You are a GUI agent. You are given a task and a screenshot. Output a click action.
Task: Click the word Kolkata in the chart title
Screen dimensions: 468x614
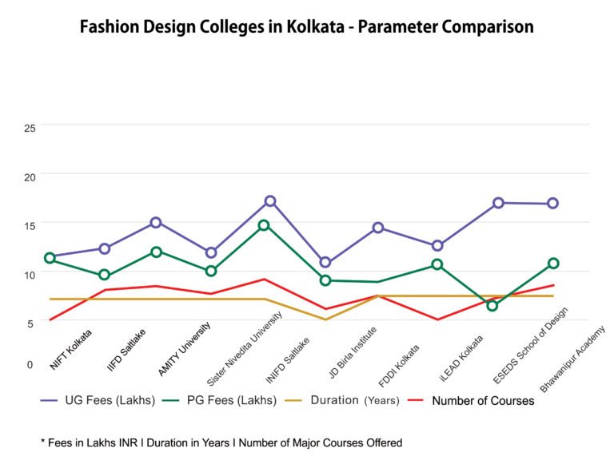pyautogui.click(x=309, y=27)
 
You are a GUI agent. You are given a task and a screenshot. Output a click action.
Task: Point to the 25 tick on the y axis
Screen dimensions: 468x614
pyautogui.click(x=30, y=127)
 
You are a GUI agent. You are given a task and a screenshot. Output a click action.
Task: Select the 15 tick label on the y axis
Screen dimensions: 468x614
pyautogui.click(x=30, y=226)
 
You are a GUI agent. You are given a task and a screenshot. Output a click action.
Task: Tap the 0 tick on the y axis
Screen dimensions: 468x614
pyautogui.click(x=30, y=364)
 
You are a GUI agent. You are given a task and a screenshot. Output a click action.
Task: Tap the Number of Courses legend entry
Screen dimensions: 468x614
pyautogui.click(x=482, y=400)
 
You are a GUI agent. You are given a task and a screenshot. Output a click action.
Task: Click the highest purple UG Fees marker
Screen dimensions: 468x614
pyautogui.click(x=270, y=201)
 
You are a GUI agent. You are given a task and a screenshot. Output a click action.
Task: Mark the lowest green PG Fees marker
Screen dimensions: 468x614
pyautogui.click(x=492, y=306)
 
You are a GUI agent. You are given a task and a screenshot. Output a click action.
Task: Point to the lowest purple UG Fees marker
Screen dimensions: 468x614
pyautogui.click(x=325, y=262)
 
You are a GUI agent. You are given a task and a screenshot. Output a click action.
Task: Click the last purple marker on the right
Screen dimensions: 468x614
pyautogui.click(x=552, y=204)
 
